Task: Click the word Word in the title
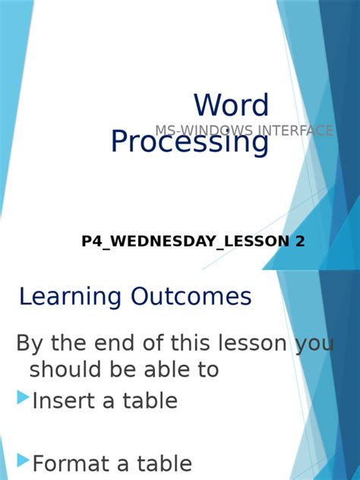[231, 106]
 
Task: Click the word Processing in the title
[189, 142]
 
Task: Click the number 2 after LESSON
[300, 242]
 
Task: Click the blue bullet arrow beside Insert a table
[23, 396]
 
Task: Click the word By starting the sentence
[29, 344]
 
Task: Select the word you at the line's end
[314, 344]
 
